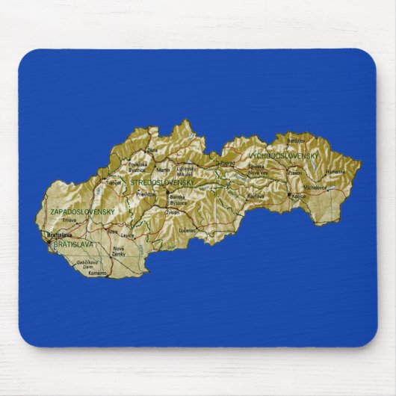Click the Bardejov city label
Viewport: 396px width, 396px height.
click(296, 140)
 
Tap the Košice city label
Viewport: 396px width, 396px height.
click(300, 196)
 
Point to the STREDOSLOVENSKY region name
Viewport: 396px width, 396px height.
click(162, 182)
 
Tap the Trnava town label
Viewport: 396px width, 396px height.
click(69, 220)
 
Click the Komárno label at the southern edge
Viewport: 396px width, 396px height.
click(97, 273)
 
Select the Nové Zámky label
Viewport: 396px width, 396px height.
click(120, 251)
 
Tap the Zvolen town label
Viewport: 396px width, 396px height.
click(173, 212)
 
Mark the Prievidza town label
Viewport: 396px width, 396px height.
click(146, 194)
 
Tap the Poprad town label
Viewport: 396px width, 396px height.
click(227, 162)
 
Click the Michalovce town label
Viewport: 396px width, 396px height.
click(315, 188)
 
